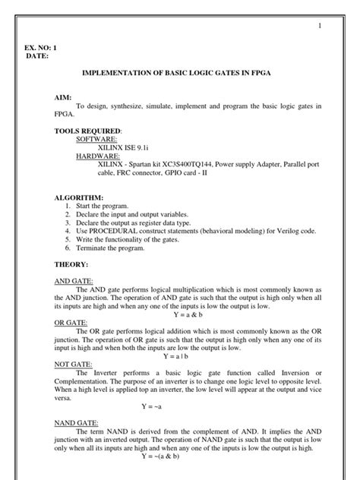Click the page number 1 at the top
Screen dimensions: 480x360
point(321,27)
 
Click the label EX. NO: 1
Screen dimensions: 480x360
point(42,48)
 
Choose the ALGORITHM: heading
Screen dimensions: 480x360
point(78,197)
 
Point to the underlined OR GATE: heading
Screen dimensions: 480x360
point(71,323)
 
